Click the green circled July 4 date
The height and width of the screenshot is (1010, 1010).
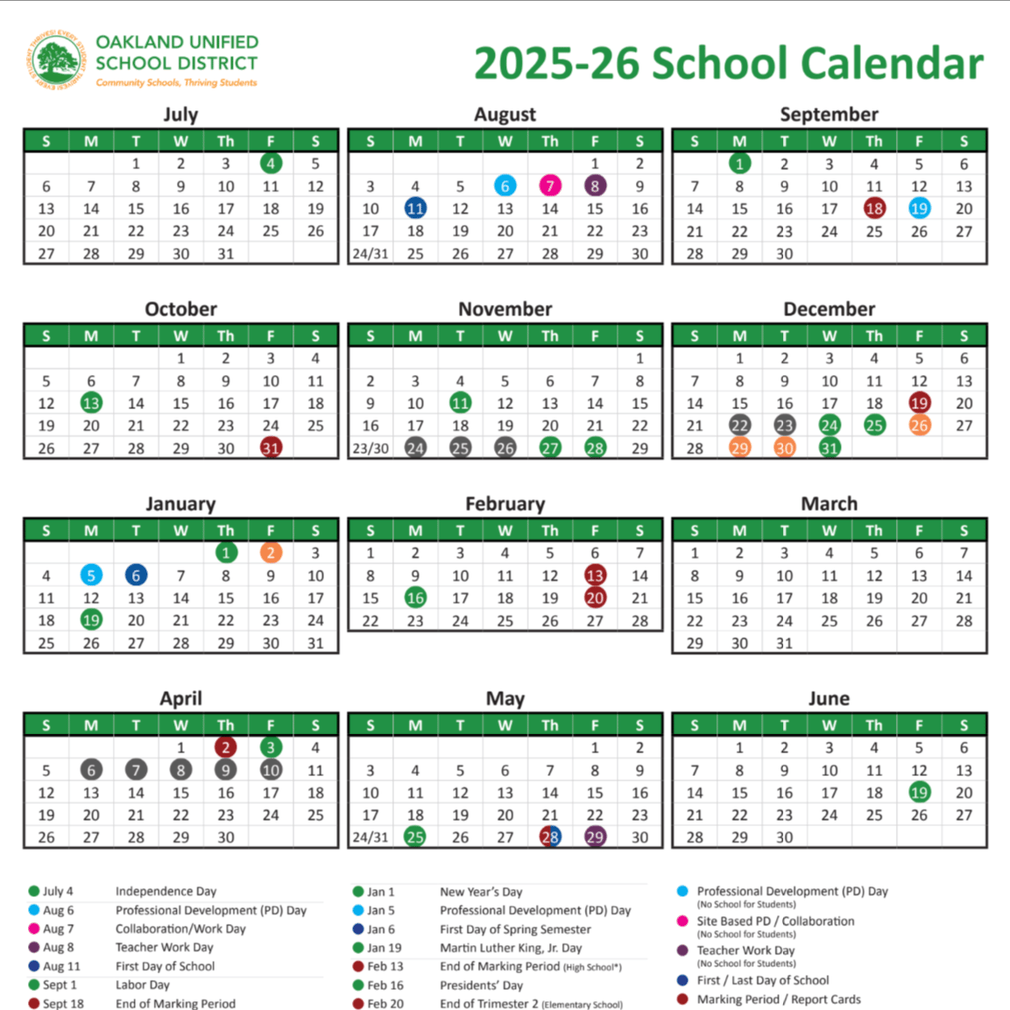(271, 163)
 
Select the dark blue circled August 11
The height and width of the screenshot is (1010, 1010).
(415, 208)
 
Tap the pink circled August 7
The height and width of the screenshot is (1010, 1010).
(550, 186)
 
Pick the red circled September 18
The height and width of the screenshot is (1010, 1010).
(874, 208)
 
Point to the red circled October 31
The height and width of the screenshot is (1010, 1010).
(271, 448)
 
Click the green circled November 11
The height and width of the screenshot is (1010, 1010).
(460, 403)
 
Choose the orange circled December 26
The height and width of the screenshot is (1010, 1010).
(919, 426)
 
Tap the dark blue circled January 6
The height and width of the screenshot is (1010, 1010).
(136, 576)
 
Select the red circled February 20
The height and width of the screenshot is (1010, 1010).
(595, 598)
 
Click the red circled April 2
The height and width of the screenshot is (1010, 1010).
(226, 747)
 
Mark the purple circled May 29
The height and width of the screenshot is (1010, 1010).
(595, 837)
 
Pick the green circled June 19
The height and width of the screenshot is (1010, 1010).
(919, 793)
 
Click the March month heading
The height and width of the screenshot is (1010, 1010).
(829, 504)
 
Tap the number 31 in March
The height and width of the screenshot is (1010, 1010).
(784, 643)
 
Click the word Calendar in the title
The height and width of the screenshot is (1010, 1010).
(892, 64)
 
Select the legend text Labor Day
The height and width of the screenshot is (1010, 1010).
(143, 985)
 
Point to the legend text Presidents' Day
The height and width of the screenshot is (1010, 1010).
(481, 985)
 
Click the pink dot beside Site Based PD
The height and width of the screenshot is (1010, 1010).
(682, 921)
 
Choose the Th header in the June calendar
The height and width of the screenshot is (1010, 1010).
(874, 725)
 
